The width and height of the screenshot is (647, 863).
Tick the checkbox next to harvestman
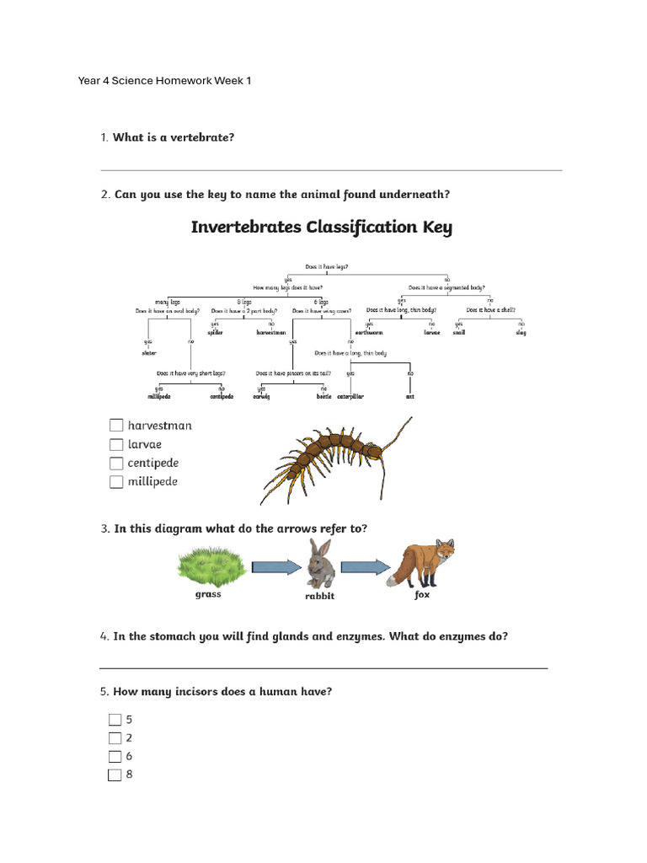(x=116, y=426)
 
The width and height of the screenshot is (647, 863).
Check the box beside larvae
(x=116, y=444)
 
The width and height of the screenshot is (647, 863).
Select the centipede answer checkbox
(x=116, y=464)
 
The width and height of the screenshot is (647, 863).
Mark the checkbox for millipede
(x=116, y=482)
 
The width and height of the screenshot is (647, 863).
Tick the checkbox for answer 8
(x=115, y=775)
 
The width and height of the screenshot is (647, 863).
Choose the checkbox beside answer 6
(x=115, y=756)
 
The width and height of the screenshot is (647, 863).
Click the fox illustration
(x=421, y=562)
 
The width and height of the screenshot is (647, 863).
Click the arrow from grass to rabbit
(x=275, y=566)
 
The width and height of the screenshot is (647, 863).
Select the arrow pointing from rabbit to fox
(x=366, y=566)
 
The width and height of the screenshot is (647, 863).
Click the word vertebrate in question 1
(x=203, y=137)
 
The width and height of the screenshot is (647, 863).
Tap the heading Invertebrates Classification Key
(x=322, y=228)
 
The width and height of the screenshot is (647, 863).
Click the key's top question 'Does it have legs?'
(x=327, y=266)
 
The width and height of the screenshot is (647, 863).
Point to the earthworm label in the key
(x=369, y=333)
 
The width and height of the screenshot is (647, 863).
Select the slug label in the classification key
(x=521, y=333)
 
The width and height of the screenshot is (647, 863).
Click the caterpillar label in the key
(x=350, y=396)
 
